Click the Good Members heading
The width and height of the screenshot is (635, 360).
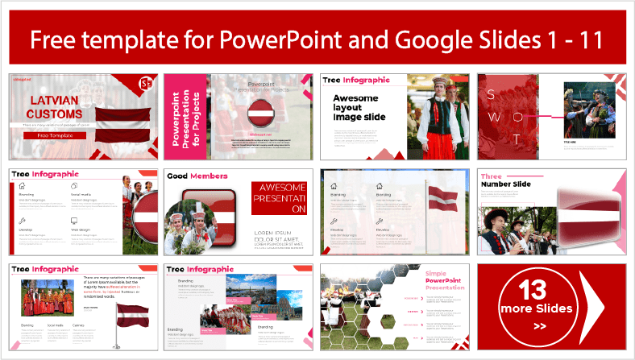point(197,176)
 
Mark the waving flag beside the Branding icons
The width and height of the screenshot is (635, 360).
point(441,198)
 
